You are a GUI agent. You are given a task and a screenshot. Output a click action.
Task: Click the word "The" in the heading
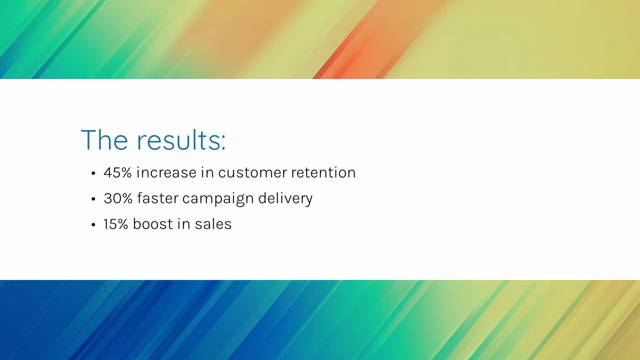pos(105,140)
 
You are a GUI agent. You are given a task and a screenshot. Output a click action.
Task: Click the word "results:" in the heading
pos(181,140)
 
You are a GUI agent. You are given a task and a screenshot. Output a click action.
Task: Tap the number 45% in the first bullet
pos(118,173)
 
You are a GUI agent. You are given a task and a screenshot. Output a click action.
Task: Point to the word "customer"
pos(253,173)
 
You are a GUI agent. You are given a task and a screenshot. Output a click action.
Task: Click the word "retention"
pos(323,173)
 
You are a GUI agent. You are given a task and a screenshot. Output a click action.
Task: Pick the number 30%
pos(118,198)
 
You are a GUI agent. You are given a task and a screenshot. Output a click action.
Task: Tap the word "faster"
pos(158,198)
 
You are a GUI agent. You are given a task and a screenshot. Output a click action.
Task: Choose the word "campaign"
pos(218,199)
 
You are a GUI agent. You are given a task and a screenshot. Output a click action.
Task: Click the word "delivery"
pos(285,199)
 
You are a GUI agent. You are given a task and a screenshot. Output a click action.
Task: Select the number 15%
pos(116,224)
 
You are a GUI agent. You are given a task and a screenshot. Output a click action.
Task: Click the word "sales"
pos(213,224)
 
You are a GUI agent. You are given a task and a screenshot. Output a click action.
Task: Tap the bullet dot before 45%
pos(93,173)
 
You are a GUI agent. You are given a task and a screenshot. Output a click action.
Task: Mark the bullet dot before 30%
pos(93,199)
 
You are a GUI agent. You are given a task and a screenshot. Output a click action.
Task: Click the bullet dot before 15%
pos(93,225)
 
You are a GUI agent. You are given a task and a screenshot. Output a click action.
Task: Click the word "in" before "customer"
pos(207,173)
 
